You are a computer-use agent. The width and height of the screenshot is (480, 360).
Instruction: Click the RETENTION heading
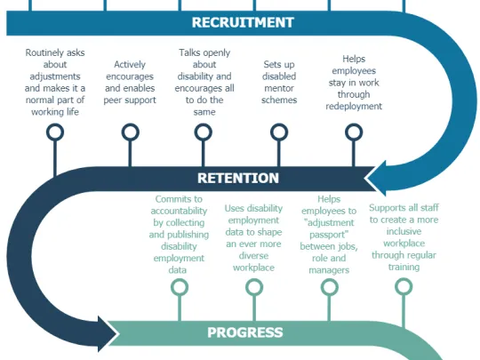coord(237,178)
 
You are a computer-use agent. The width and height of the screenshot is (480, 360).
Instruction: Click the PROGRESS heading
coord(244,333)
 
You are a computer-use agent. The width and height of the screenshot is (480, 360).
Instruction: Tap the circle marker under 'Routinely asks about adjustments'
coord(55,133)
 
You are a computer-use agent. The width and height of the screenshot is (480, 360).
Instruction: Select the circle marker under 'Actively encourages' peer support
coord(131,133)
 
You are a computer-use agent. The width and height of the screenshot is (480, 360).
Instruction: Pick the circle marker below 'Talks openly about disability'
coord(204,133)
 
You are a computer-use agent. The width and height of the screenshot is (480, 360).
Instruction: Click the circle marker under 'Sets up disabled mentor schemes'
coord(278,133)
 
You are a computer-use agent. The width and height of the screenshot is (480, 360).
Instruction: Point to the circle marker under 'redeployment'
coord(353,133)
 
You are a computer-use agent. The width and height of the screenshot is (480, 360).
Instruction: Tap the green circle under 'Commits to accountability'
coord(180,287)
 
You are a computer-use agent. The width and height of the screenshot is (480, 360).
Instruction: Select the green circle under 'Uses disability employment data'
coord(254,287)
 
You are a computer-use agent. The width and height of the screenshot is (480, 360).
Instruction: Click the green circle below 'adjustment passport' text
coord(329,287)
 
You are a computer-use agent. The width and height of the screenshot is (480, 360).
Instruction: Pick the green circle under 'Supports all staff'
coord(403,287)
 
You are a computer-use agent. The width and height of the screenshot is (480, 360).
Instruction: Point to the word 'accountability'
coord(180,212)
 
